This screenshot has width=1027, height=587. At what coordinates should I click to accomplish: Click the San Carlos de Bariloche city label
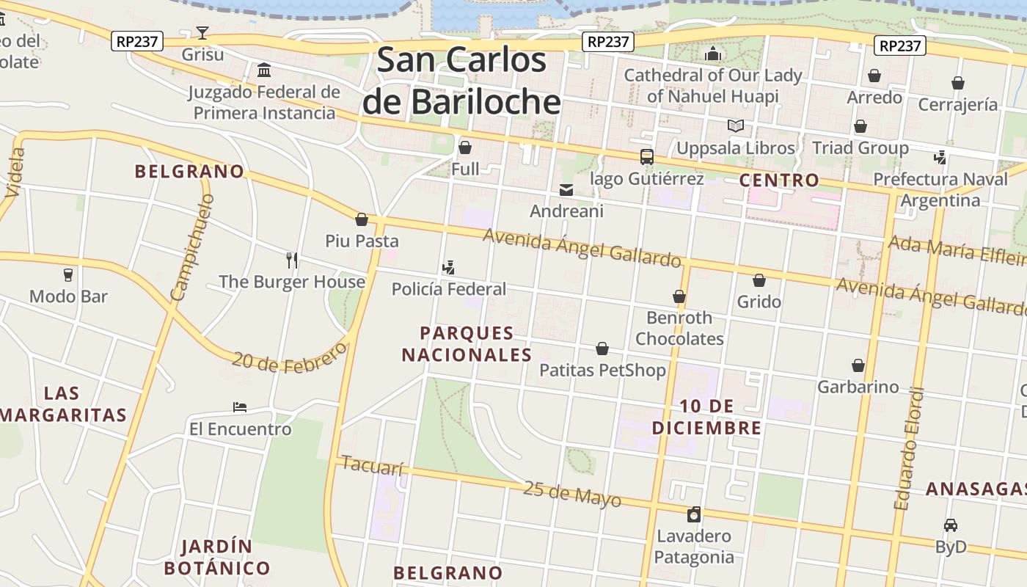(461, 81)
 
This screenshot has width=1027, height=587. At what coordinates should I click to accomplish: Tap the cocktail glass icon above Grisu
(202, 32)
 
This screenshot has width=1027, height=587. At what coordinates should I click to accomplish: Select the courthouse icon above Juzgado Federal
(264, 70)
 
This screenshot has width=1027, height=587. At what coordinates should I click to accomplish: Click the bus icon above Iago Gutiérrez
(646, 156)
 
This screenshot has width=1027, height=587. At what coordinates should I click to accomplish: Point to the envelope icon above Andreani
(566, 190)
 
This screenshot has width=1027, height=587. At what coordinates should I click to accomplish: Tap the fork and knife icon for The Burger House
(292, 260)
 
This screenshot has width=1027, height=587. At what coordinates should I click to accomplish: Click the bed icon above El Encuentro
(240, 407)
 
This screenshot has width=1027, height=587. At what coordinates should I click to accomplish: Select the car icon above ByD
(951, 525)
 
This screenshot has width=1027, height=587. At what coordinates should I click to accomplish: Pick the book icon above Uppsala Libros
(736, 126)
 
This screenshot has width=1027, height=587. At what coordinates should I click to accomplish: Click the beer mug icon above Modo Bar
(68, 274)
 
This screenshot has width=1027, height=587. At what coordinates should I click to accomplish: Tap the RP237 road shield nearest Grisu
(137, 41)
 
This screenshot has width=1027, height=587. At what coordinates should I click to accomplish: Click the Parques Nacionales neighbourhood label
(467, 344)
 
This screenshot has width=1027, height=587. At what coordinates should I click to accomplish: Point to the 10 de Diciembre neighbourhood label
(706, 417)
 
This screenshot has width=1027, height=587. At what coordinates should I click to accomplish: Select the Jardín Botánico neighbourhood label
(216, 557)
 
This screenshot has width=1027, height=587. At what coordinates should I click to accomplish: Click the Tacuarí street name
(373, 466)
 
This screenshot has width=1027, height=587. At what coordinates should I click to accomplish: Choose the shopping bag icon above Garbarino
(858, 365)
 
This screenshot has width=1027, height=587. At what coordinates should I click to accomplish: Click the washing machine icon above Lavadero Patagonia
(694, 514)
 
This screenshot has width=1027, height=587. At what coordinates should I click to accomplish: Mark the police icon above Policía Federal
(448, 268)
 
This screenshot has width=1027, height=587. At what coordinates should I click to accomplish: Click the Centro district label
(779, 180)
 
